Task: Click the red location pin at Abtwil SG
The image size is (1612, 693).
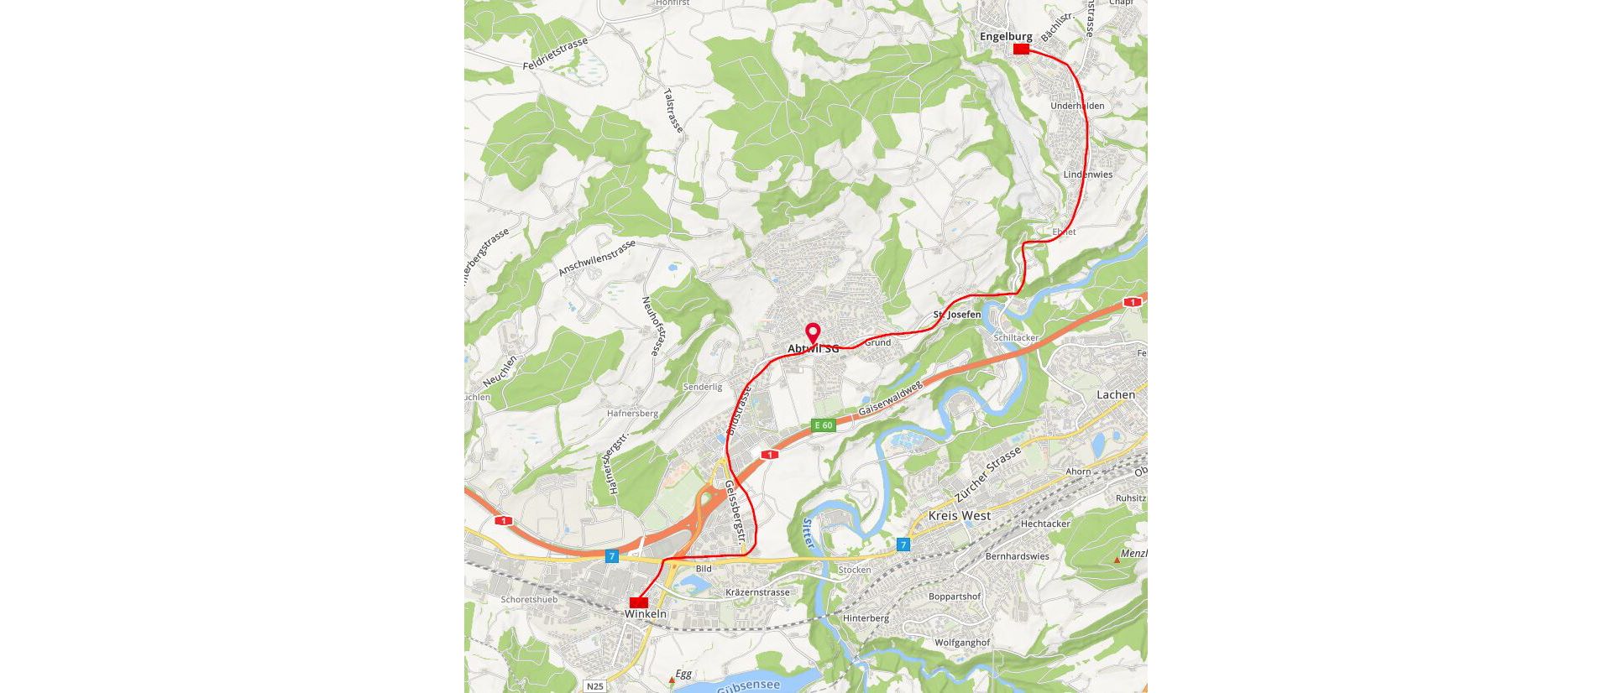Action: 813,333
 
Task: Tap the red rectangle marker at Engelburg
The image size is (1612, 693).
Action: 1021,49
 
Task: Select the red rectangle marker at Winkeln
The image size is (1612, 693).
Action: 639,602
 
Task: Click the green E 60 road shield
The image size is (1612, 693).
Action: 823,425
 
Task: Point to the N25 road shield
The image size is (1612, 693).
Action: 594,686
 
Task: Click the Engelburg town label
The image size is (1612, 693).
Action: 1006,36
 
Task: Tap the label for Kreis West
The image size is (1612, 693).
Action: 959,515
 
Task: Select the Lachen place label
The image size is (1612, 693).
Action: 1115,394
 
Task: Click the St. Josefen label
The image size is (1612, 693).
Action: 957,315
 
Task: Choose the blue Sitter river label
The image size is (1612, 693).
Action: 808,534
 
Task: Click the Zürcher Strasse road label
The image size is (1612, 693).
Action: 988,475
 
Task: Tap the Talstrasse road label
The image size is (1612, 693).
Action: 673,110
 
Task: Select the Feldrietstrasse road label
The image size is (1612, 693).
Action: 555,53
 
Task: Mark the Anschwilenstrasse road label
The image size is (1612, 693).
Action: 597,258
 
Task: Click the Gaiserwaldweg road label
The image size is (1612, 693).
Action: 890,398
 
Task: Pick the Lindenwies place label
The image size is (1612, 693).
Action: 1087,175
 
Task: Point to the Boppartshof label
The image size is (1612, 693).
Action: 954,597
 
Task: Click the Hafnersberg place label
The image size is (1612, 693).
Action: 632,413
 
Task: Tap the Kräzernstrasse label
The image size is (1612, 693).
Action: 757,592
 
